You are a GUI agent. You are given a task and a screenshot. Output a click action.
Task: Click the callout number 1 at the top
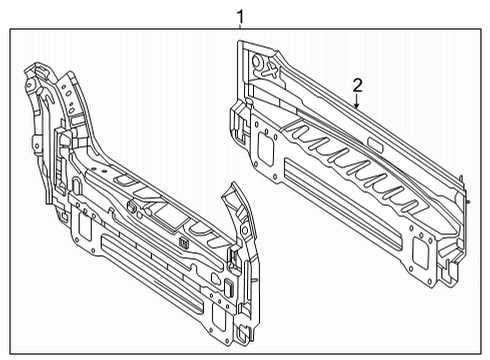(x=240, y=16)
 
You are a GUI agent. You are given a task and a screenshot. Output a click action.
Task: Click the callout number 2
(x=357, y=86)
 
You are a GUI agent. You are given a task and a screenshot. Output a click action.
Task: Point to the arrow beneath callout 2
(x=357, y=102)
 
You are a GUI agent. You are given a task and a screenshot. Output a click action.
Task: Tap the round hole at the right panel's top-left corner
(x=257, y=61)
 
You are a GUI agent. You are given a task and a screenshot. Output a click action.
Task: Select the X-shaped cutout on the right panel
(x=272, y=70)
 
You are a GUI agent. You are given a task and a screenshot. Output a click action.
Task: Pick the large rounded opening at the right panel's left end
(x=266, y=149)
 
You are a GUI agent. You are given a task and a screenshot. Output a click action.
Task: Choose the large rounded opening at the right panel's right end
(x=420, y=252)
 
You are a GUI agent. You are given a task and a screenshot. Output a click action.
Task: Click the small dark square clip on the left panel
(x=184, y=243)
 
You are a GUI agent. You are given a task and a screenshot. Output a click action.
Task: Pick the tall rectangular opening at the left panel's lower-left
(x=85, y=226)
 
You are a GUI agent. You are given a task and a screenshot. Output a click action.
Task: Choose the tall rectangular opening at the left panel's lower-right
(x=219, y=316)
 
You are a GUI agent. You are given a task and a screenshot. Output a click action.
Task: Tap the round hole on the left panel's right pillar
(x=245, y=230)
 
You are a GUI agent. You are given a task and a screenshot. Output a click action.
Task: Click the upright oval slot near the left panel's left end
(x=76, y=186)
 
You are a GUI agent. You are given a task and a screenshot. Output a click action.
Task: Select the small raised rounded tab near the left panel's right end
(x=229, y=287)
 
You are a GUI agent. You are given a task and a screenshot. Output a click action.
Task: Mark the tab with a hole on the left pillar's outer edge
(x=36, y=144)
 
